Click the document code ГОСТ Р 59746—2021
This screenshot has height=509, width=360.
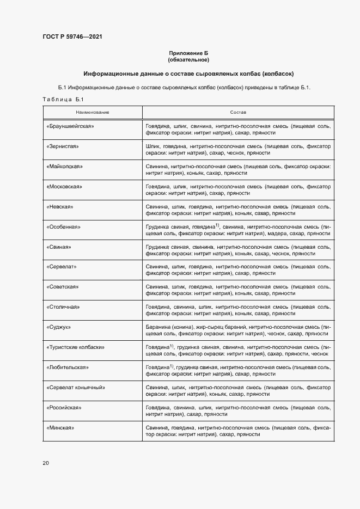[x=72, y=37]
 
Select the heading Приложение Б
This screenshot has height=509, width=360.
[x=188, y=53]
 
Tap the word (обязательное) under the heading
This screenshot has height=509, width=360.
[x=188, y=59]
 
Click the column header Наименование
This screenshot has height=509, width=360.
[x=93, y=112]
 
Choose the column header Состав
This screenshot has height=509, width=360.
[x=238, y=112]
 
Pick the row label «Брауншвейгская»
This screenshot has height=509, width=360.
[x=71, y=126]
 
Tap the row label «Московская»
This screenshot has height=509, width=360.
[x=65, y=187]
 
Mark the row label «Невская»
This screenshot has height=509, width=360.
[x=60, y=207]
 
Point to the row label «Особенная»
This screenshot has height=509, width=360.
[x=64, y=227]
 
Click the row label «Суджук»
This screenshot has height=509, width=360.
[x=60, y=327]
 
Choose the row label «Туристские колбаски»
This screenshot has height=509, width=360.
[x=76, y=347]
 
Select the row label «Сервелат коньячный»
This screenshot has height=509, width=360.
[x=76, y=388]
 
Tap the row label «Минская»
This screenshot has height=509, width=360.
[x=60, y=428]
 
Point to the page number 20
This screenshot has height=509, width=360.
[x=46, y=463]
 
